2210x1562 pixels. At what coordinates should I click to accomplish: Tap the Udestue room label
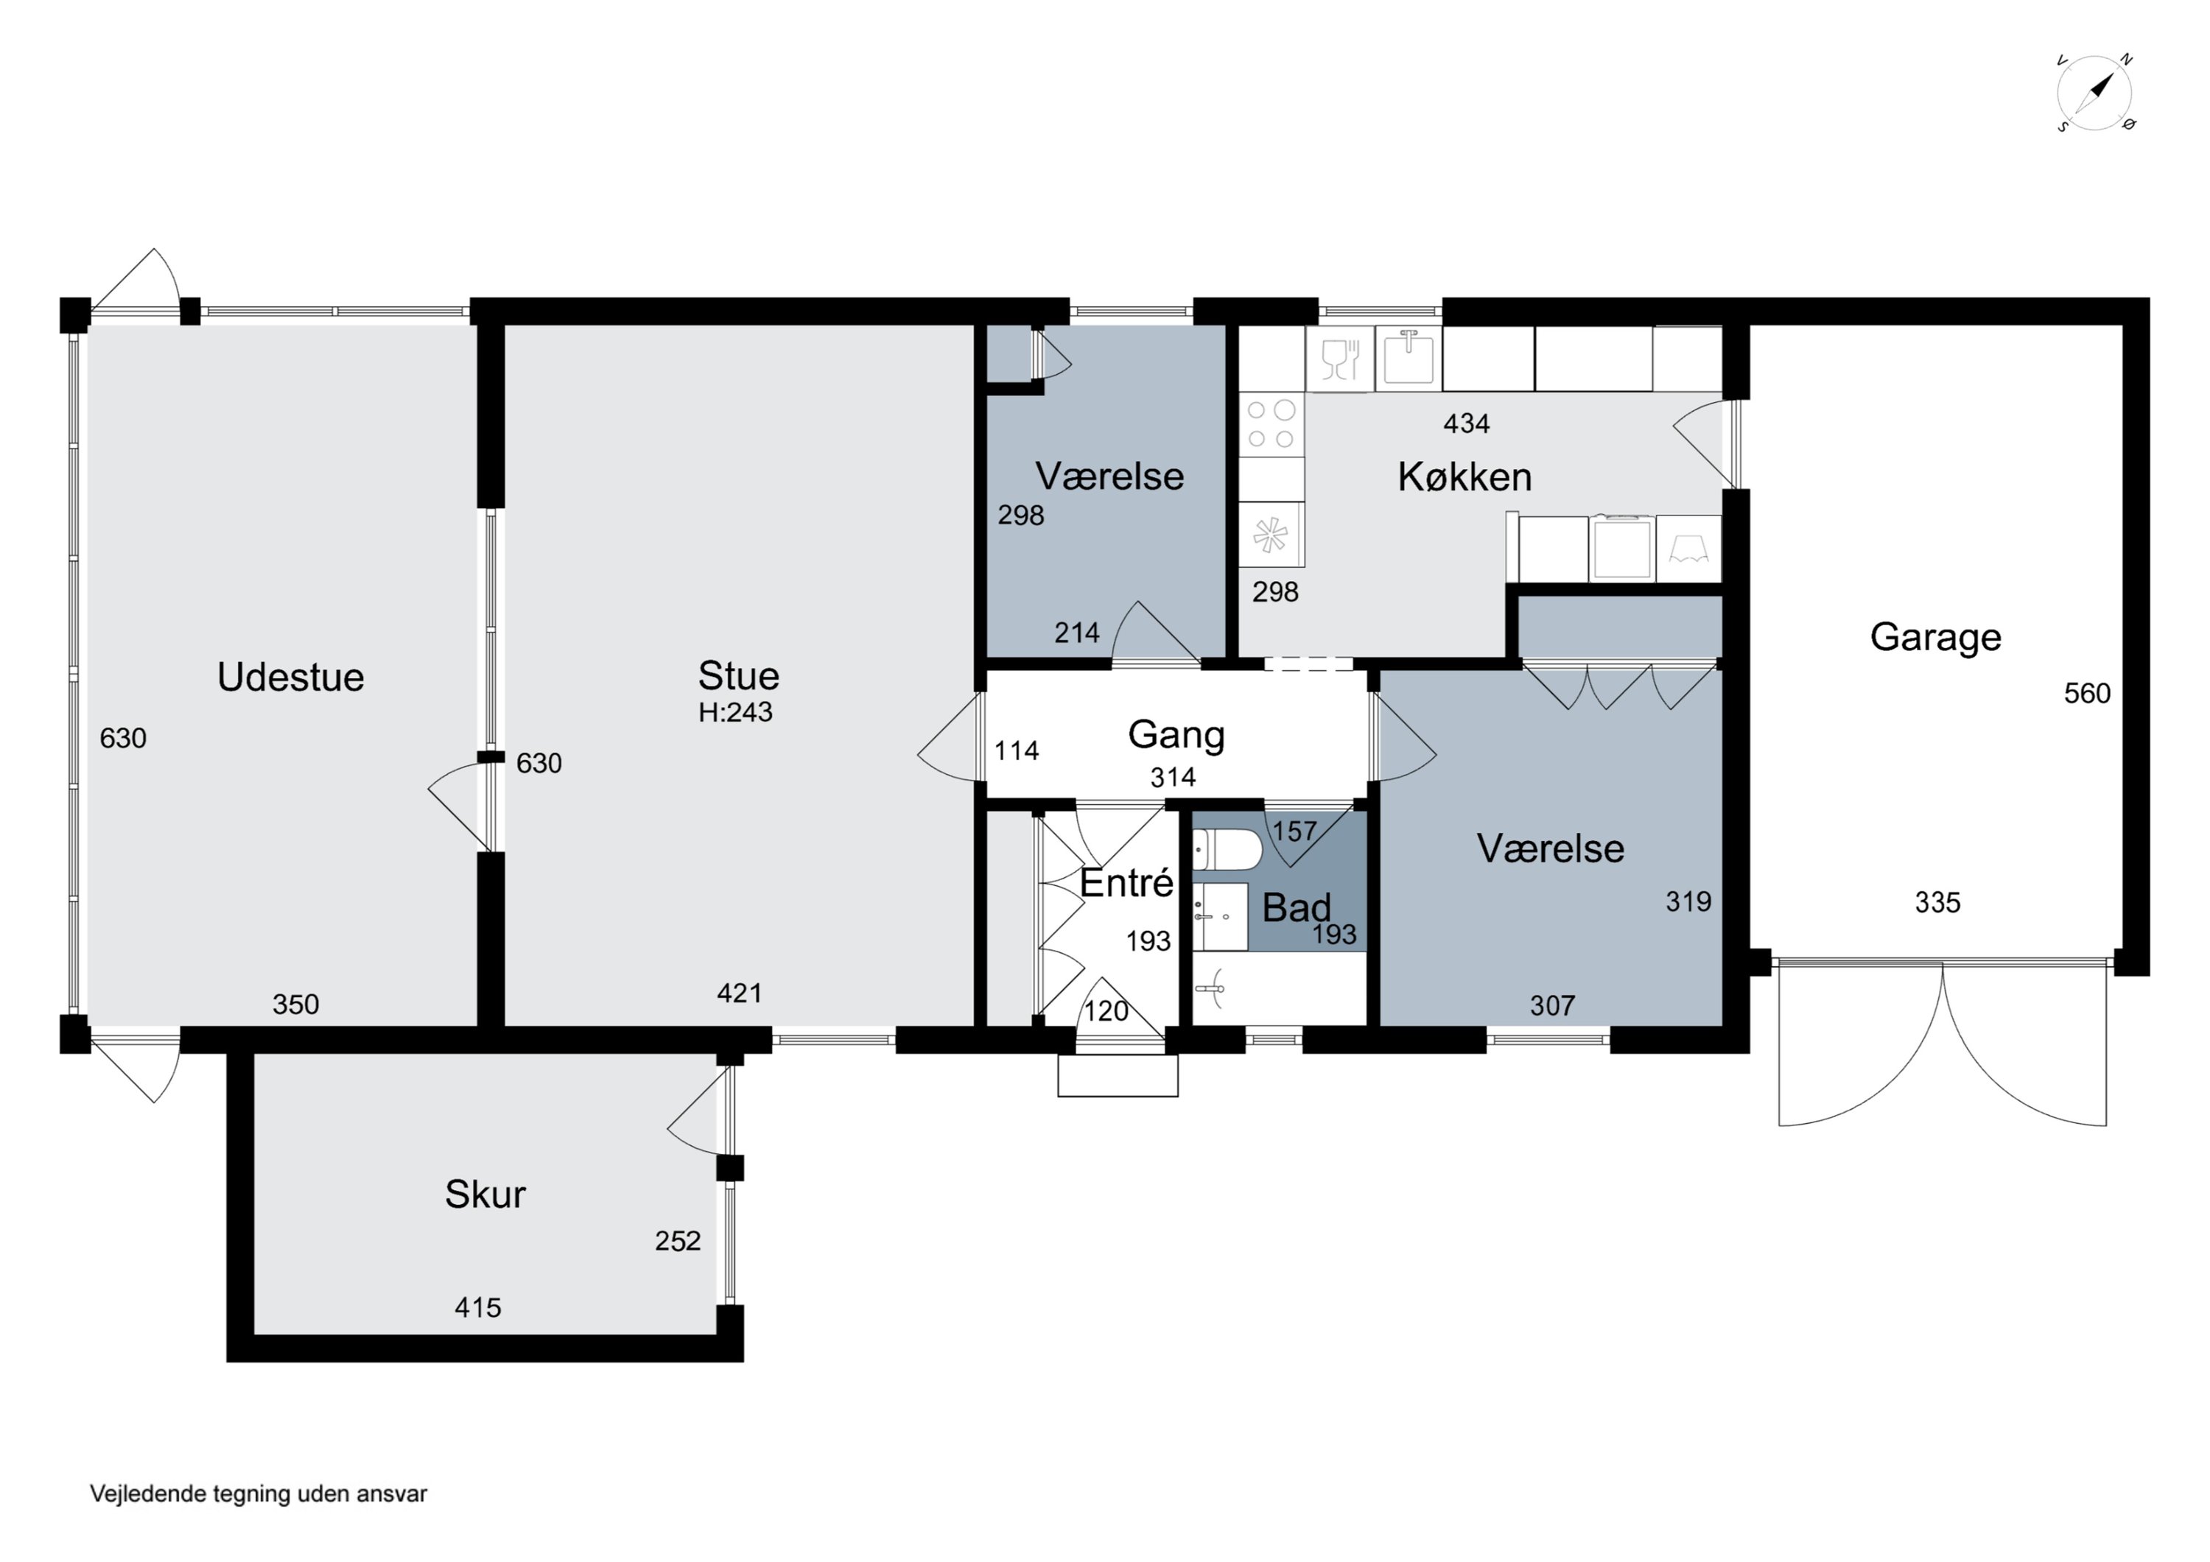[x=291, y=678]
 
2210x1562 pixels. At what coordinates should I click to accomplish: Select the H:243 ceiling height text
[x=735, y=712]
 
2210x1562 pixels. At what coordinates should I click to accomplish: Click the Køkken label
[x=1464, y=477]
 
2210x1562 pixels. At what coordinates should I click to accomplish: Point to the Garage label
[x=1936, y=637]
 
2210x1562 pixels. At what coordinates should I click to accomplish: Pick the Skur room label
[x=485, y=1195]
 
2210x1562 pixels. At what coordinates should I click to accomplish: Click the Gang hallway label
[x=1176, y=735]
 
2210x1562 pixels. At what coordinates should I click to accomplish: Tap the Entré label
[x=1126, y=882]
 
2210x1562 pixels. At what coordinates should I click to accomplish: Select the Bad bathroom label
[x=1297, y=907]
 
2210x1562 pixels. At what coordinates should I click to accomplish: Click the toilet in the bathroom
[x=1227, y=850]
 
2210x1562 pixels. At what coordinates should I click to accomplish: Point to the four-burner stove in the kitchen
[x=1271, y=424]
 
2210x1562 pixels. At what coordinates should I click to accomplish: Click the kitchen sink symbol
[x=1409, y=358]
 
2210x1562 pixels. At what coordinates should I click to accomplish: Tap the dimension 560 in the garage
[x=2087, y=694]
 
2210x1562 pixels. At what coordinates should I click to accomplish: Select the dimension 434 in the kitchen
[x=1466, y=423]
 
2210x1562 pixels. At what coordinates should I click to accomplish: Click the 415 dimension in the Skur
[x=477, y=1308]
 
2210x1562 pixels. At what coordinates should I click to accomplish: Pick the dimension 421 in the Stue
[x=739, y=993]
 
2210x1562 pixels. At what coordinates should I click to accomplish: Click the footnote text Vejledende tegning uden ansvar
[x=258, y=1494]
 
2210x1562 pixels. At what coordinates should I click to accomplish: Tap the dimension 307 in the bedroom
[x=1553, y=1006]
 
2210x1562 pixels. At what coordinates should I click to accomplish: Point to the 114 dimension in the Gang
[x=1017, y=750]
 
